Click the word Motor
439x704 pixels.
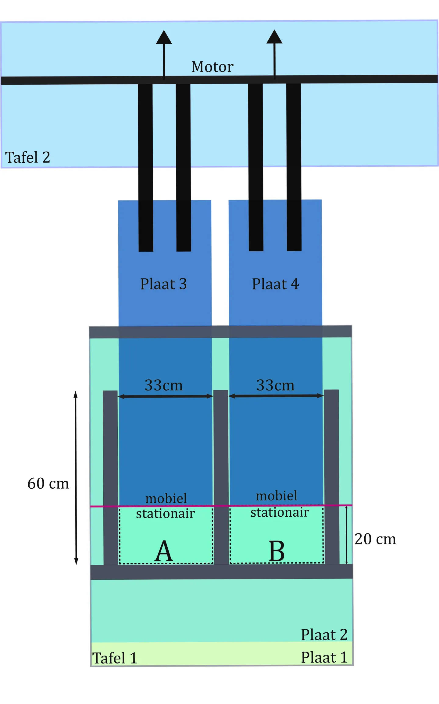(212, 67)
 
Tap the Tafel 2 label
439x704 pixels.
(27, 157)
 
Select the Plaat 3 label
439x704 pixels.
(163, 284)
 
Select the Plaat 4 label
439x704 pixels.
(275, 284)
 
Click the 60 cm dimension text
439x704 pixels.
(48, 483)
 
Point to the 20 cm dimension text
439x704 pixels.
(375, 539)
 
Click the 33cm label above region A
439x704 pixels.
(164, 385)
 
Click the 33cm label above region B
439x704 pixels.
(276, 385)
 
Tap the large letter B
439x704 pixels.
(277, 551)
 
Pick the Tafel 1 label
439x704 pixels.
(115, 658)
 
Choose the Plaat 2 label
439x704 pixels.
(324, 635)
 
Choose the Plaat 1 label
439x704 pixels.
(324, 657)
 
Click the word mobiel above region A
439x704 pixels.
(166, 499)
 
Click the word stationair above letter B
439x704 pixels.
(280, 512)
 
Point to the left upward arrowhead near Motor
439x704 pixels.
(164, 37)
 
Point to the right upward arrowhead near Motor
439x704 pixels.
(274, 37)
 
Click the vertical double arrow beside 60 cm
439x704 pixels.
(76, 478)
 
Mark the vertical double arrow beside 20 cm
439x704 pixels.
(346, 535)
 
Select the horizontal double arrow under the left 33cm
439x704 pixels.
(165, 396)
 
